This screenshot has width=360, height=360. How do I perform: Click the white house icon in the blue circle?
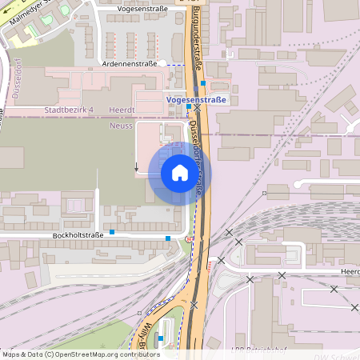(x=179, y=173)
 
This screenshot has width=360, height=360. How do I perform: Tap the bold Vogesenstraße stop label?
(x=197, y=99)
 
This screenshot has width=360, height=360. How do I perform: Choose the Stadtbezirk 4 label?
(x=70, y=109)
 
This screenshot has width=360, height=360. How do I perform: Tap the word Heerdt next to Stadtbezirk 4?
(x=126, y=109)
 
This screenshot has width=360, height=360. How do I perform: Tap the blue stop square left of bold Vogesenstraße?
(x=189, y=106)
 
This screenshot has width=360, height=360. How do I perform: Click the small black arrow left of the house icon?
(x=136, y=167)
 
